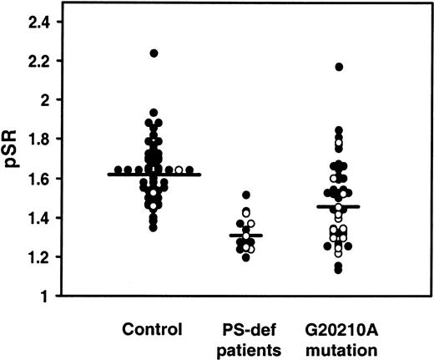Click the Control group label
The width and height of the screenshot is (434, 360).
point(151,328)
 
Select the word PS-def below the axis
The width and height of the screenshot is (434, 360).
point(245,328)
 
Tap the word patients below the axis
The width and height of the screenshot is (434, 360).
point(245,345)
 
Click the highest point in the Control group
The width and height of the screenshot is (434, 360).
point(154,53)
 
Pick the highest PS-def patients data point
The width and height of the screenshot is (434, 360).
point(245,195)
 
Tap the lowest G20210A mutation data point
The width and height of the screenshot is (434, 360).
point(338,270)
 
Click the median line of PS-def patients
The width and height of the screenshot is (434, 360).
point(245,236)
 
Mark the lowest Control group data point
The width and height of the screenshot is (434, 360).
point(154,227)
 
